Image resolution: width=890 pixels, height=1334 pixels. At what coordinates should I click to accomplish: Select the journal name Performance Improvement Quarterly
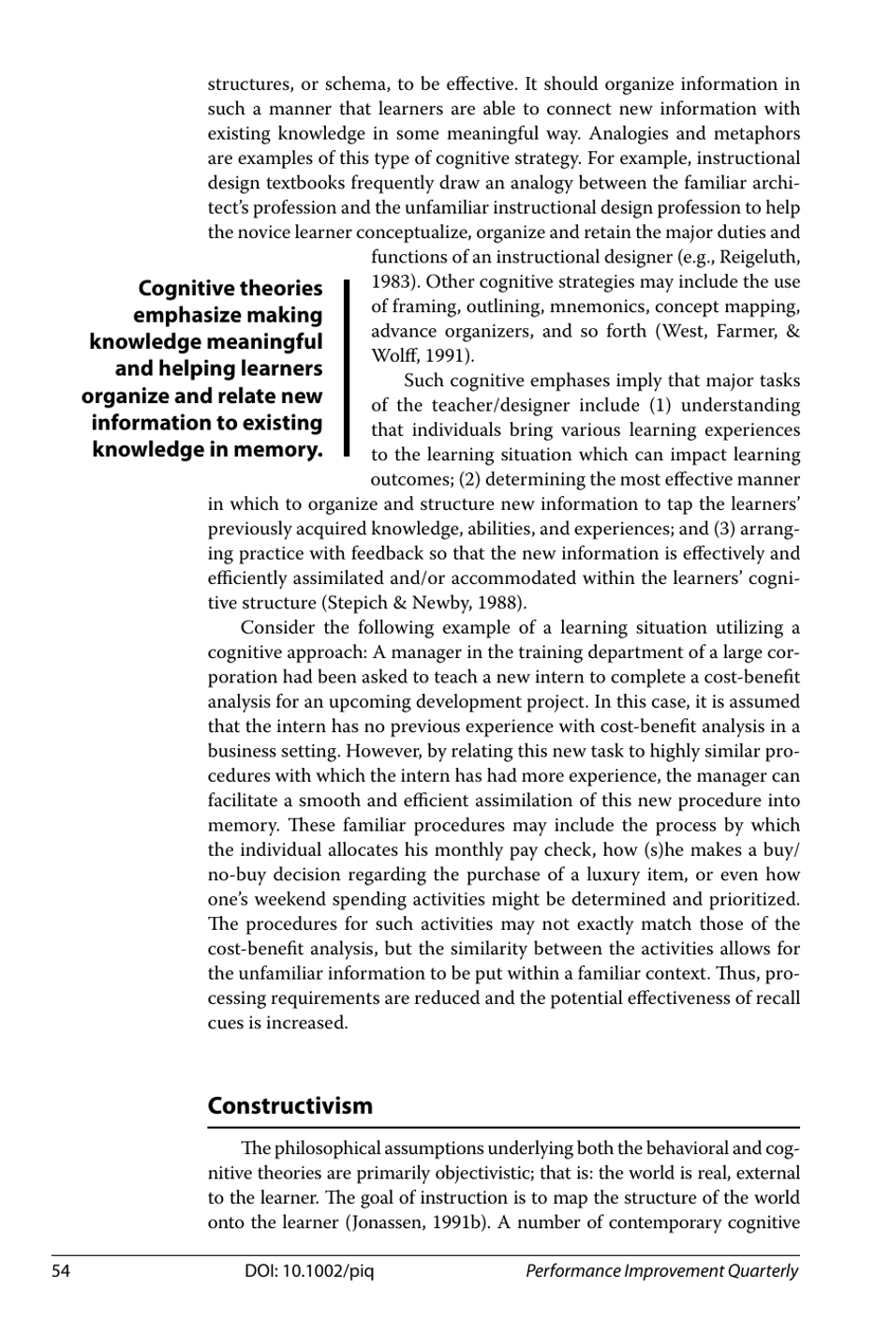point(661,1271)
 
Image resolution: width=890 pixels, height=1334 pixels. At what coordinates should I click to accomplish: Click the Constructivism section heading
point(289,1105)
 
